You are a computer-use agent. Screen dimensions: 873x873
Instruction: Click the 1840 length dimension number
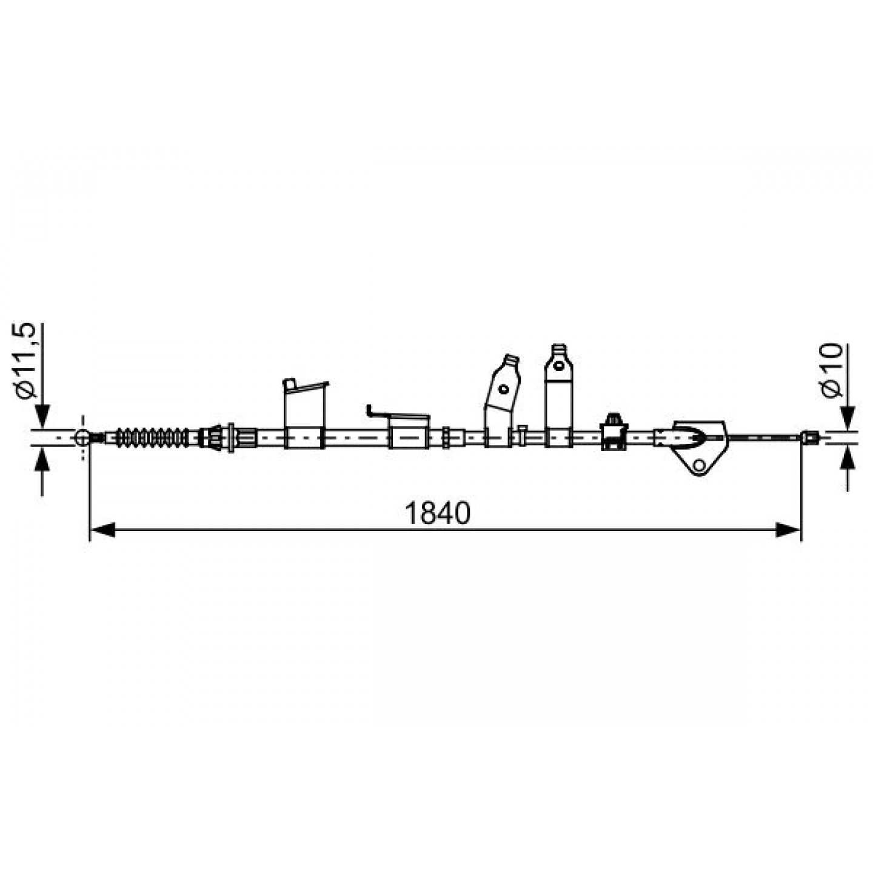point(437,513)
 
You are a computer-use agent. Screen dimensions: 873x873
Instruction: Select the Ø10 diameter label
point(831,370)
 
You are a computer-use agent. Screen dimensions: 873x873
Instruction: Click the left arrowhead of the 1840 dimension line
point(103,530)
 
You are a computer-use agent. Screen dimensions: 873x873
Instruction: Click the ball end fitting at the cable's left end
point(82,437)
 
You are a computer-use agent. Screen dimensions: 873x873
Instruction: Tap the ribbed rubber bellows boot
point(152,438)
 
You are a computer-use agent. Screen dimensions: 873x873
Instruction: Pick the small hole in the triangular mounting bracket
point(700,465)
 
